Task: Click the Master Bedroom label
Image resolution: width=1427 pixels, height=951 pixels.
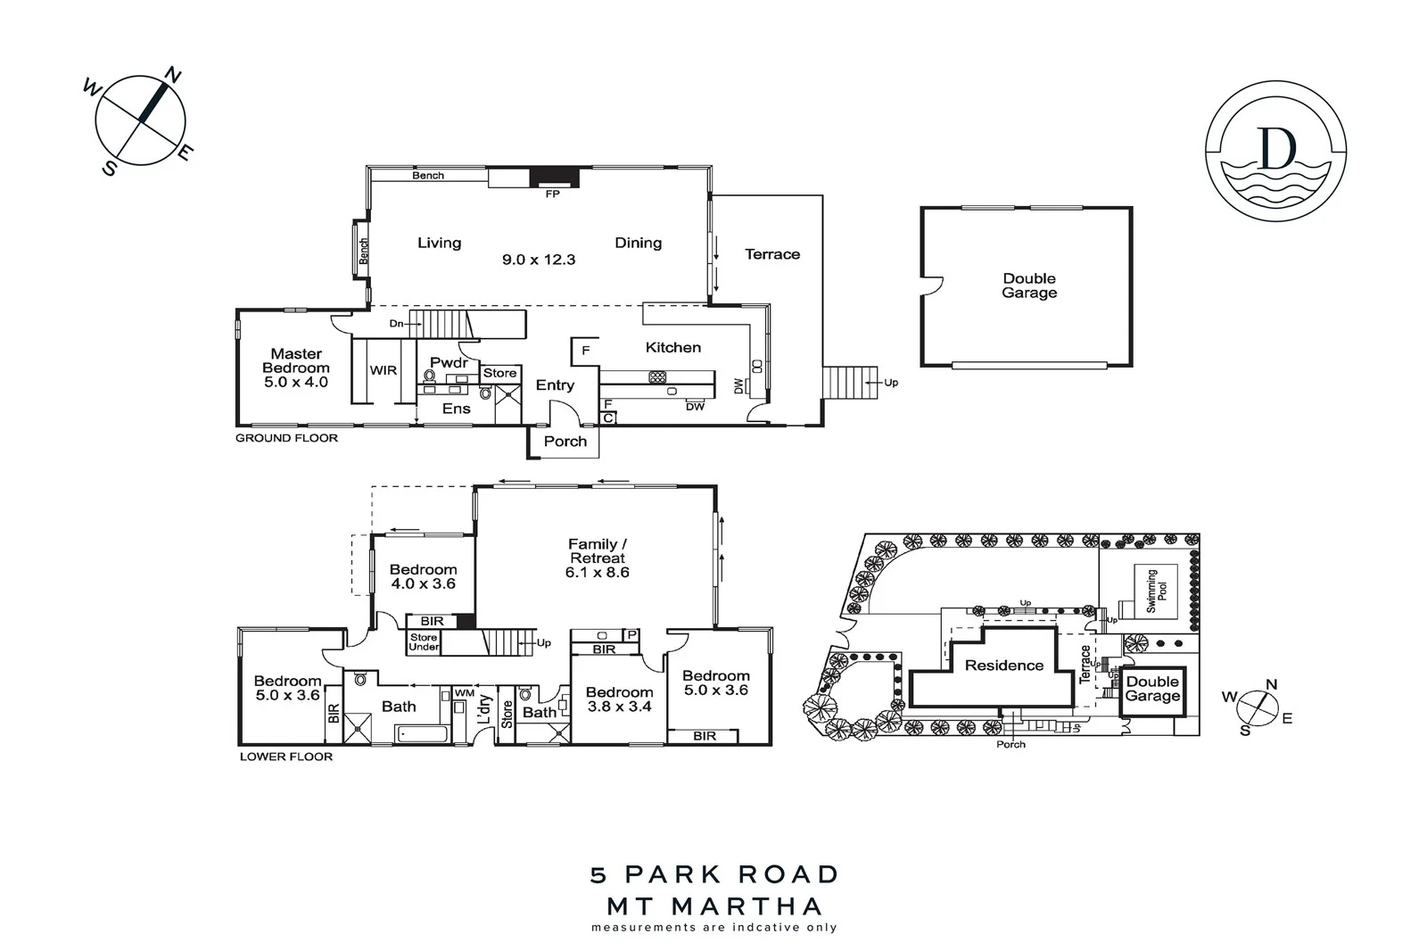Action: coord(296,368)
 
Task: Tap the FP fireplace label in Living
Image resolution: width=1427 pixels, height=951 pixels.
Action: coord(552,194)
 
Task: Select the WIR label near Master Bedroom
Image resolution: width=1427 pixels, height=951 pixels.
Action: coord(384,370)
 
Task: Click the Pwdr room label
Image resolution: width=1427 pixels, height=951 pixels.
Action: coord(449,362)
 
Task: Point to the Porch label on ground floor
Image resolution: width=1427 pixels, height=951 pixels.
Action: coord(565,442)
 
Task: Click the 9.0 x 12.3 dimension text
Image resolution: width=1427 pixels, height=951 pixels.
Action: coord(539,260)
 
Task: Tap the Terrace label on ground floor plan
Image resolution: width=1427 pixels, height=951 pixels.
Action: coord(772,254)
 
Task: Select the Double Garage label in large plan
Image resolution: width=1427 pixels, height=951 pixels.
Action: coord(1029,285)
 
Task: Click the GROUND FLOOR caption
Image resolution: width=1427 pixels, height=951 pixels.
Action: coord(286,438)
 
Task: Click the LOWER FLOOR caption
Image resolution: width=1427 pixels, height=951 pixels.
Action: coord(285,757)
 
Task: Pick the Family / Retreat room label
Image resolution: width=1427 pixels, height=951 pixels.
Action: coord(598,558)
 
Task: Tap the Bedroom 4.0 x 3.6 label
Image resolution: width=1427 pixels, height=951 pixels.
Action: coord(423,576)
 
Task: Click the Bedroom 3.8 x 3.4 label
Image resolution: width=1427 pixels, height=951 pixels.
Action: coord(619,699)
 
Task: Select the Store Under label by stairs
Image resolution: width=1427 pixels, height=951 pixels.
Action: coord(424,641)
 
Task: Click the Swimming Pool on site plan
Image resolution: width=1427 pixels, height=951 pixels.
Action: coord(1157,591)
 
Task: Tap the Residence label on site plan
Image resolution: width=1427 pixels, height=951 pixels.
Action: coord(1003,666)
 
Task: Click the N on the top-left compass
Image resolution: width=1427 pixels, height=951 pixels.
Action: coord(172,76)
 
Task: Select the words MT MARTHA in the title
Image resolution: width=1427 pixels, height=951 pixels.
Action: coord(714,906)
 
